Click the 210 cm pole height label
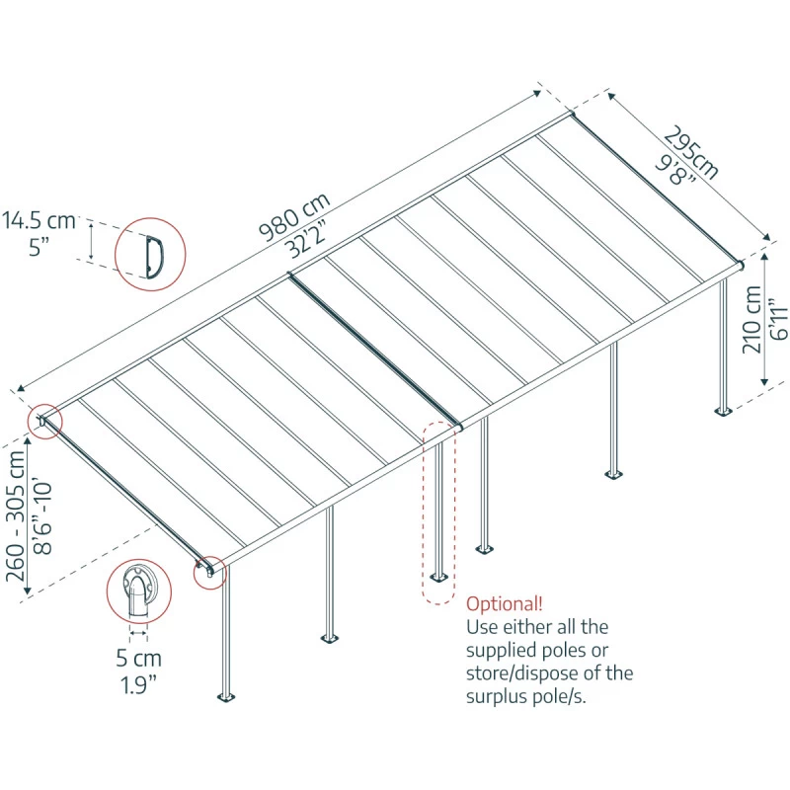753,319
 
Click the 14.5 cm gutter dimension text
39,218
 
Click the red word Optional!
504,603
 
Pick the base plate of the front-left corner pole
228,698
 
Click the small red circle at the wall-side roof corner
44,422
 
